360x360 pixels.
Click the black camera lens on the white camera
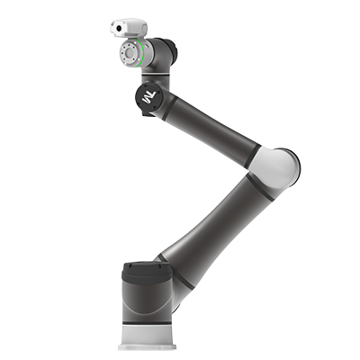(119, 28)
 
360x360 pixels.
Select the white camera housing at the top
(129, 28)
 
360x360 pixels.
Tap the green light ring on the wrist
(139, 53)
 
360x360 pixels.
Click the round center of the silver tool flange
(130, 53)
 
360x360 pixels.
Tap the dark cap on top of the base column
(147, 271)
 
